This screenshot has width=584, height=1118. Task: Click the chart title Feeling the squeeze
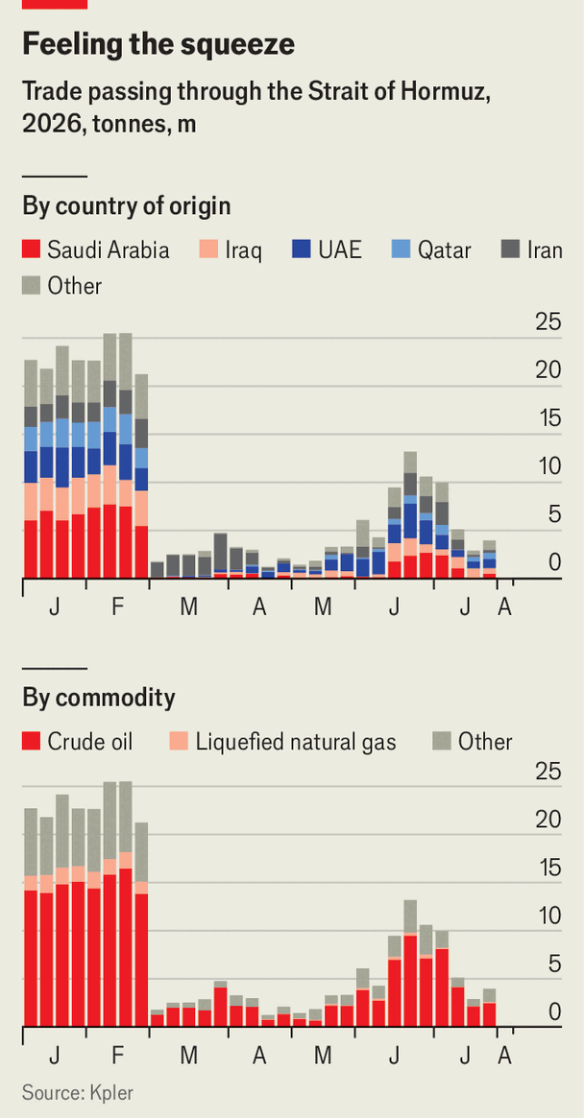(x=158, y=46)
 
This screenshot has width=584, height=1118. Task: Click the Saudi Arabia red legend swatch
(x=31, y=250)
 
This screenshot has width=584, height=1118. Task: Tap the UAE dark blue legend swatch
(x=301, y=250)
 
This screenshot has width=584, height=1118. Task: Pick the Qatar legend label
(x=444, y=251)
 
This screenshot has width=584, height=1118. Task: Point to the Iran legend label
(x=545, y=250)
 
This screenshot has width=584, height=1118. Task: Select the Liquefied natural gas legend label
(x=296, y=743)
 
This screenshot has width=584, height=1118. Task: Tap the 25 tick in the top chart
(x=548, y=322)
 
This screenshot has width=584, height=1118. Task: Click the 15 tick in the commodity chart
(x=548, y=868)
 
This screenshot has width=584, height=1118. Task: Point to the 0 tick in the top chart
(x=555, y=563)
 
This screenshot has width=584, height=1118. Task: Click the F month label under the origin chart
(x=118, y=607)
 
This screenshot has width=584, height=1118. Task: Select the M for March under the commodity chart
(x=188, y=1056)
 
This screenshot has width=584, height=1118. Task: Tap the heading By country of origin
(x=127, y=206)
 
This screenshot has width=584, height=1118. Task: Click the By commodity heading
(x=99, y=698)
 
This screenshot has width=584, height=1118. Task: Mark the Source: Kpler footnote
(x=78, y=1092)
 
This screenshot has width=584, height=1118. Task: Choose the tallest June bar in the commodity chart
(x=410, y=963)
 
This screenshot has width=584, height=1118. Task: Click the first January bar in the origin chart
(x=31, y=469)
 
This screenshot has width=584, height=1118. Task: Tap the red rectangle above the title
(x=54, y=4)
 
